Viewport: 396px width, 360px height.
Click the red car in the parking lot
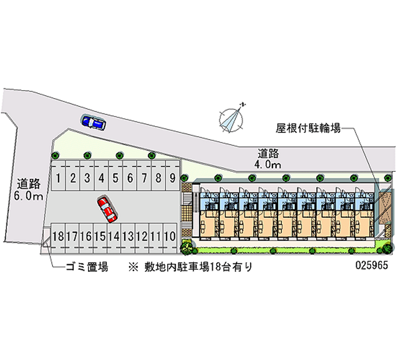click(x=107, y=208)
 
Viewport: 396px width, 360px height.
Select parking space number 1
click(x=58, y=177)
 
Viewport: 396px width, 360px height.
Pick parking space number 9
click(x=172, y=177)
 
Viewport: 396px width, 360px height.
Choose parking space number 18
click(x=57, y=236)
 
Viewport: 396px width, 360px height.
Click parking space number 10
click(x=170, y=236)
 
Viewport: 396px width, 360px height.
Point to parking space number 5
click(x=115, y=177)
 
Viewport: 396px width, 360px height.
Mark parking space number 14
click(x=113, y=236)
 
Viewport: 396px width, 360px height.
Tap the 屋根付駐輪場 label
click(x=308, y=129)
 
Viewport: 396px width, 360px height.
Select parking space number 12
click(x=142, y=236)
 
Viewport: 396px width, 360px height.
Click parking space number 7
click(x=144, y=177)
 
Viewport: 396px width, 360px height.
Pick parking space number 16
click(x=86, y=236)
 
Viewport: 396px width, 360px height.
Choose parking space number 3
click(x=87, y=177)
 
